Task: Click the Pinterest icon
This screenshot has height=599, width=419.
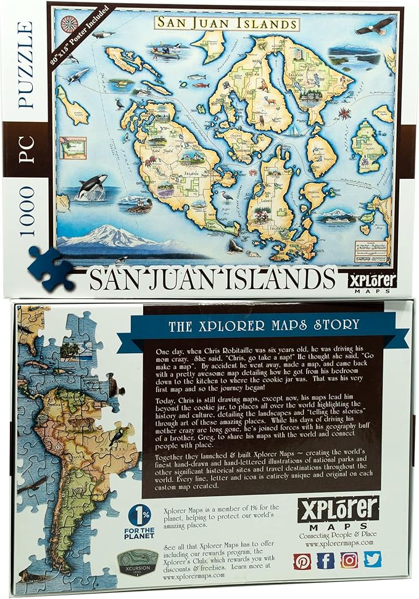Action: [302, 560]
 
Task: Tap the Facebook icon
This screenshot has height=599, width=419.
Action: [326, 560]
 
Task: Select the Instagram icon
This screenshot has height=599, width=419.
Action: [349, 560]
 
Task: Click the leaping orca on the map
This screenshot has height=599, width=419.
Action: [93, 184]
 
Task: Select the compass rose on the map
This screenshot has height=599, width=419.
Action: [67, 24]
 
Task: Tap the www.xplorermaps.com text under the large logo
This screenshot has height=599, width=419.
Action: [337, 543]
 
